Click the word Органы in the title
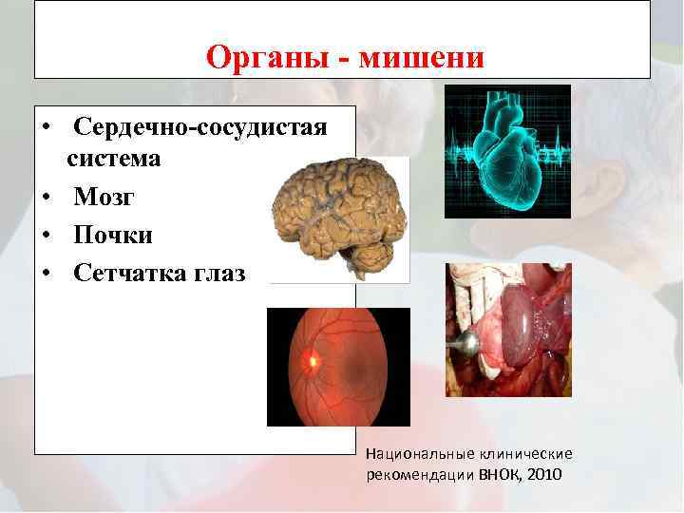click(268, 58)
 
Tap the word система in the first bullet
click(113, 159)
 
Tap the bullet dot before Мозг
click(45, 198)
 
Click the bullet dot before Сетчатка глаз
click(45, 275)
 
